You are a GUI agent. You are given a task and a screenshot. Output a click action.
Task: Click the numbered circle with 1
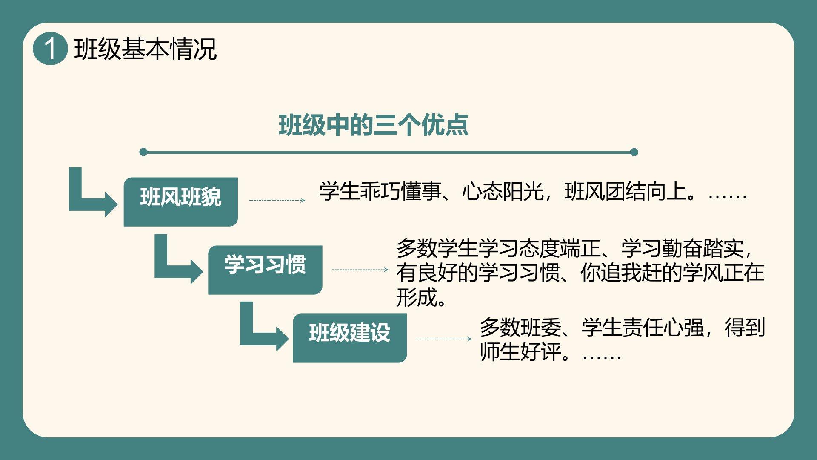(50, 49)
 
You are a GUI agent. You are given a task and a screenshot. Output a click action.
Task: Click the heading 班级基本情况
(145, 49)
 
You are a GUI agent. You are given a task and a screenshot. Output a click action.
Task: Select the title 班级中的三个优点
(373, 125)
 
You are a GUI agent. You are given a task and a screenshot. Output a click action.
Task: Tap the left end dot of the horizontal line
(143, 152)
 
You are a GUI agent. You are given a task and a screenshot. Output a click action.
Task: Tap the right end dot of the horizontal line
(634, 152)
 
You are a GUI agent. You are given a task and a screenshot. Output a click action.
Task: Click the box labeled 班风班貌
(180, 201)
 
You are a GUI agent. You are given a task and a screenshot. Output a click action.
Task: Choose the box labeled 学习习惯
(265, 270)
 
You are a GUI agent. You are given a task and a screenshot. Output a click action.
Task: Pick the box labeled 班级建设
(349, 338)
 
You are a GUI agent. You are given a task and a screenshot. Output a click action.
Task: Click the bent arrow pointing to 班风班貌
(89, 196)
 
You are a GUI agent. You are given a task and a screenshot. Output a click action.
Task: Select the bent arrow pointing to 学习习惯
(175, 264)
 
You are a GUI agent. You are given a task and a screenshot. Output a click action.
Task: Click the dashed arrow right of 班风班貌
(277, 200)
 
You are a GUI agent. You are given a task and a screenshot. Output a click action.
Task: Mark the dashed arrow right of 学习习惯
(360, 270)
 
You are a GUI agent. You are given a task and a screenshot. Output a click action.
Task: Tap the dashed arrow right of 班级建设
(443, 339)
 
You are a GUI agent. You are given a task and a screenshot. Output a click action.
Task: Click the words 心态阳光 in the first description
(503, 191)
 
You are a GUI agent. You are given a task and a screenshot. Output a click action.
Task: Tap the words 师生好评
(520, 352)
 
